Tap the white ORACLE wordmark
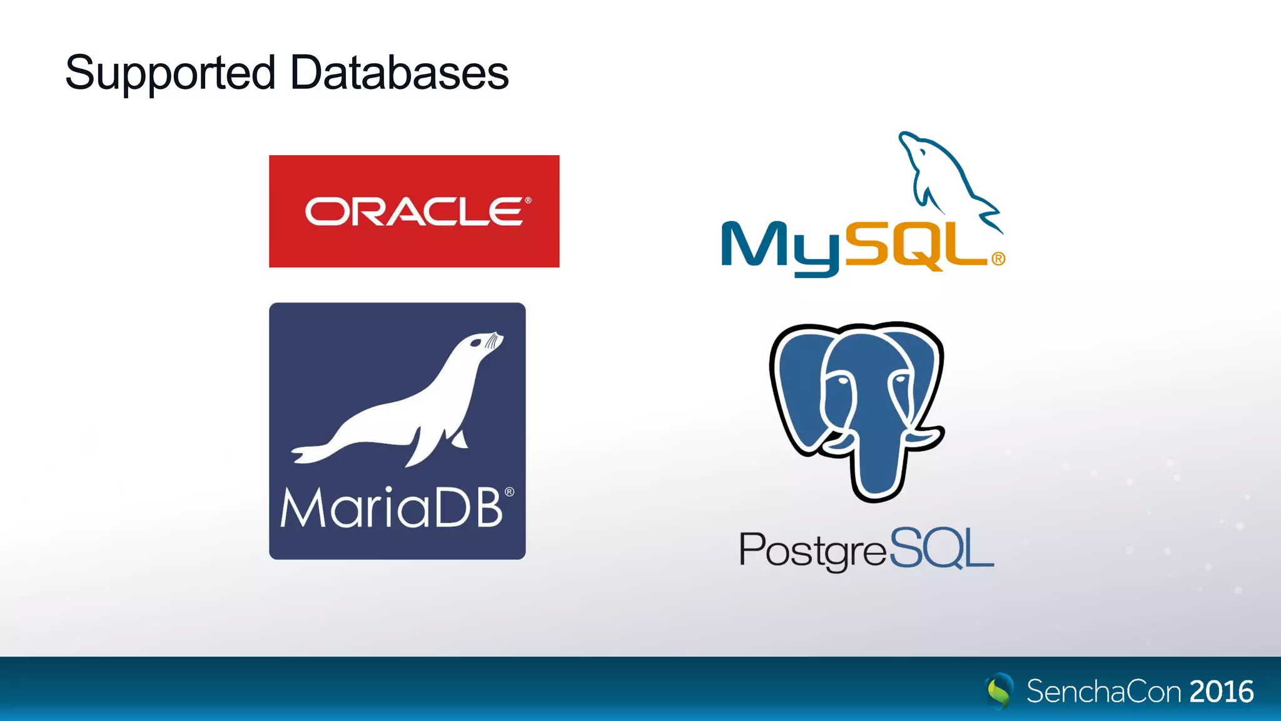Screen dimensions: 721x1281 click(x=413, y=212)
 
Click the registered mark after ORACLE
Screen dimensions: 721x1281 click(x=528, y=200)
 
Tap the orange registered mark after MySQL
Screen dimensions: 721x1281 click(x=998, y=258)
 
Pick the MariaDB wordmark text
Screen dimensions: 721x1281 click(x=392, y=507)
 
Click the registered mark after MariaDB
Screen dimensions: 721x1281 click(x=510, y=492)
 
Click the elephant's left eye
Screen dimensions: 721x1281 click(x=841, y=380)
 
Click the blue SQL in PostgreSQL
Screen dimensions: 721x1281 click(x=941, y=548)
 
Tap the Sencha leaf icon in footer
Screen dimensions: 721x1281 click(x=1000, y=691)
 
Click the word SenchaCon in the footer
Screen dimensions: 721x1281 click(x=1103, y=692)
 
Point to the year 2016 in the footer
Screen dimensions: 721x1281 click(x=1222, y=692)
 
